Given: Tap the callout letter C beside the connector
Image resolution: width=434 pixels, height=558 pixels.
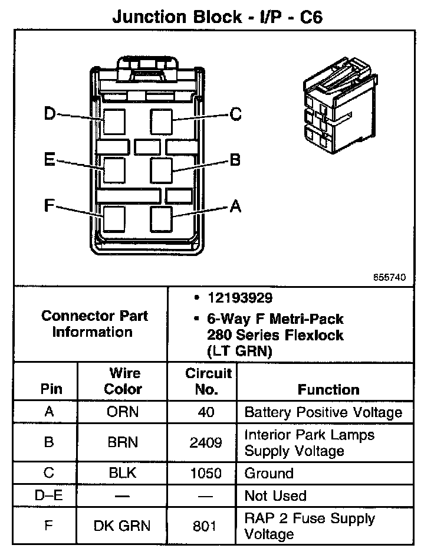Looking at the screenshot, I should [x=235, y=114].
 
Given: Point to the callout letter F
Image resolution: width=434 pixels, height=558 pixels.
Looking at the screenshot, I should [x=50, y=206].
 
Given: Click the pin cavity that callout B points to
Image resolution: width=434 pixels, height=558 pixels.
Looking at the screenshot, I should [x=161, y=170].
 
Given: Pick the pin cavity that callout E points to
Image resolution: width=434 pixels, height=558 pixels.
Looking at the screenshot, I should [x=114, y=170].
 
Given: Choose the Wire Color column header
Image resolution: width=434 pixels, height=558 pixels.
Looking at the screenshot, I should [x=123, y=381].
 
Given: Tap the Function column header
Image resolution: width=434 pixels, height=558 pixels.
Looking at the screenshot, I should [x=328, y=389].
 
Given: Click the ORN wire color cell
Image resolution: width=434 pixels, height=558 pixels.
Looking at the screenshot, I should [x=123, y=411].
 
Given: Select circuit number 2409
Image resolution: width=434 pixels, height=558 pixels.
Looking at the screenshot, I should [x=206, y=442].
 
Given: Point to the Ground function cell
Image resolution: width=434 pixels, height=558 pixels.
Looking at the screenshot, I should [x=268, y=473].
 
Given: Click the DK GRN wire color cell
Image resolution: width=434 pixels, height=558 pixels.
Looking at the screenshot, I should [x=123, y=526].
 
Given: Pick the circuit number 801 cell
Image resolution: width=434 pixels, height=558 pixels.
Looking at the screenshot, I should [x=206, y=526].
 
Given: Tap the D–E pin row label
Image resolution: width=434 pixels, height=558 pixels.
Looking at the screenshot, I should [x=49, y=495].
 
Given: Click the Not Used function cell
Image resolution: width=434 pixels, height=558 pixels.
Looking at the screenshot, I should [x=275, y=495].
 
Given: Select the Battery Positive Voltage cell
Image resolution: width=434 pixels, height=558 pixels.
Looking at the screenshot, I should [x=323, y=412].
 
